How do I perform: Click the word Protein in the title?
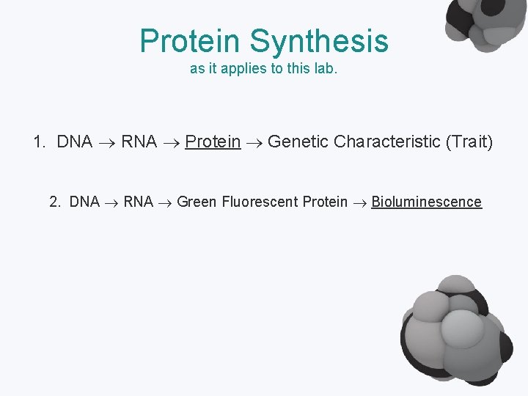point(191,41)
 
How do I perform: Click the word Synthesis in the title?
point(319,41)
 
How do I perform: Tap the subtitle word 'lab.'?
point(325,70)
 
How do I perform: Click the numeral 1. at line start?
point(40,142)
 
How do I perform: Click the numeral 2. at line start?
point(56,202)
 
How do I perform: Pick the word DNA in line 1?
point(74,142)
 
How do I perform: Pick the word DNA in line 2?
point(84,202)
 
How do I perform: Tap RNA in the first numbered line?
point(139,142)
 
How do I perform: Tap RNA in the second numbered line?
point(138,202)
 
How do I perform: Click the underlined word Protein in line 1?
point(213,142)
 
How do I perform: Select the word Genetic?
point(298,142)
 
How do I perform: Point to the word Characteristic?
point(386,142)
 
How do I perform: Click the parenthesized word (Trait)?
point(469,142)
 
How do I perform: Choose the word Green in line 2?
point(197,202)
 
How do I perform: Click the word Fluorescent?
point(259,202)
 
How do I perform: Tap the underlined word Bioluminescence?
point(426,202)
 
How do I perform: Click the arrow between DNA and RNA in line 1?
point(106,142)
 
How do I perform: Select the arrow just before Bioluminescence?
point(359,202)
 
